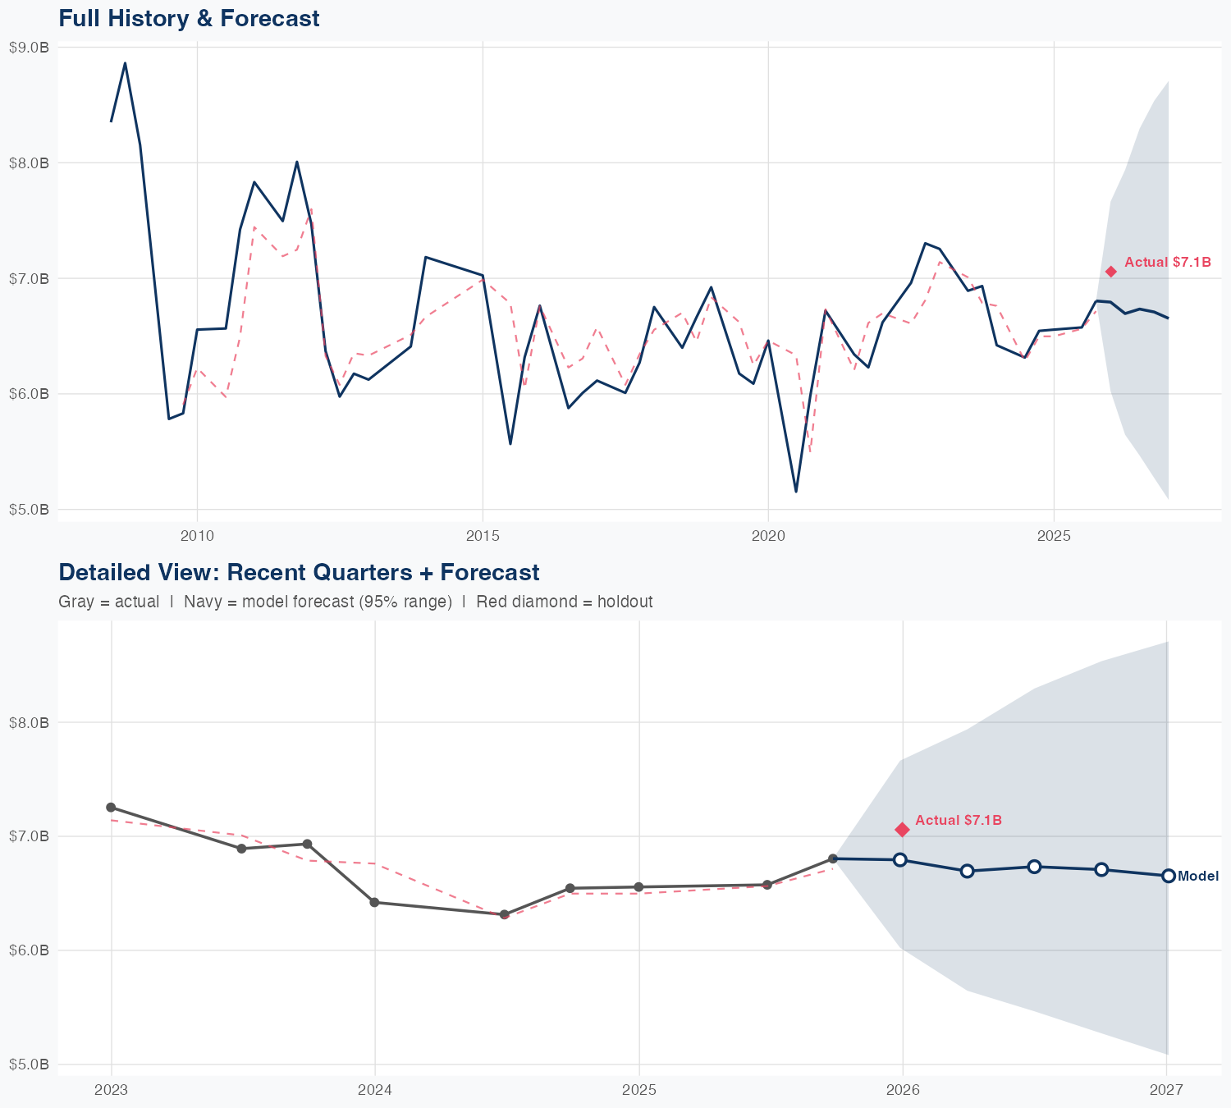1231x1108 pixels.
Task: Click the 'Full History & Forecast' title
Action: click(189, 18)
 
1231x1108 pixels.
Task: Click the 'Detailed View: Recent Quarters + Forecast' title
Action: click(299, 572)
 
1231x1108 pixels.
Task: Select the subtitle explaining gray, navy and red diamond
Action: click(355, 602)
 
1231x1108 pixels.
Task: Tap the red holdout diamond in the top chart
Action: click(1110, 272)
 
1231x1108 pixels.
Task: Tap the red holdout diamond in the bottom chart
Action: click(902, 830)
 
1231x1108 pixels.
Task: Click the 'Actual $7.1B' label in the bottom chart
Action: click(958, 820)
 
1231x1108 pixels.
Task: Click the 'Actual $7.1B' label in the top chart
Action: click(1167, 263)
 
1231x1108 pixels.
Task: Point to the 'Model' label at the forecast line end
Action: click(1197, 877)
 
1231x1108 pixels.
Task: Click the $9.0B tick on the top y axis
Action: click(29, 48)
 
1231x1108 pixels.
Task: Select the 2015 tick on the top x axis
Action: click(483, 536)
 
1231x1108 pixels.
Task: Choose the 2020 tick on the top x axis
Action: click(768, 536)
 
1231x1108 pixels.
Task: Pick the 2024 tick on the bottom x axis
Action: click(375, 1090)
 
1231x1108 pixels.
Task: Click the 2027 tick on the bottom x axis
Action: click(1166, 1090)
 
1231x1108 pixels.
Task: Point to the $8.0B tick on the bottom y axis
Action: click(29, 722)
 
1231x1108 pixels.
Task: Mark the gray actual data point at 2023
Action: click(111, 808)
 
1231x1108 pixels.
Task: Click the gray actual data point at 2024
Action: click(375, 902)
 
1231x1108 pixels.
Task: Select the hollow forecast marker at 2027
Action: click(1168, 876)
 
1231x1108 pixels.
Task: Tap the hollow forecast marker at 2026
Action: click(900, 859)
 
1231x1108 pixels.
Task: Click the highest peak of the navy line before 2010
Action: click(125, 62)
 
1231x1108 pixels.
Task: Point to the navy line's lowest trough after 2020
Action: click(796, 492)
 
